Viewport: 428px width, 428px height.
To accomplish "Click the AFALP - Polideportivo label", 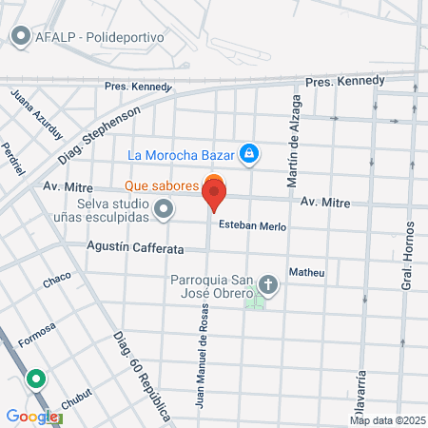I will pos(100,37).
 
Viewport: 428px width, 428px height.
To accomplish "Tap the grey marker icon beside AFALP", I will pos(20,37).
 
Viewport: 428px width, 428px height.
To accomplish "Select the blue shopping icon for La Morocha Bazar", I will pos(249,152).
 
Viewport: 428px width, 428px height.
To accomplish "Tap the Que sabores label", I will pos(161,185).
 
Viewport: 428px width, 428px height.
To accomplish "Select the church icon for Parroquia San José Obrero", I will pos(269,284).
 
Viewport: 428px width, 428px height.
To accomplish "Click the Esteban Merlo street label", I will pos(252,226).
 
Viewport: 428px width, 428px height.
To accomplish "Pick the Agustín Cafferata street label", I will pos(133,245).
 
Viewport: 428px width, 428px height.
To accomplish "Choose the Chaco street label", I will pos(57,282).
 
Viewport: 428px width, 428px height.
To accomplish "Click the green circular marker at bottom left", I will pos(37,379).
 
